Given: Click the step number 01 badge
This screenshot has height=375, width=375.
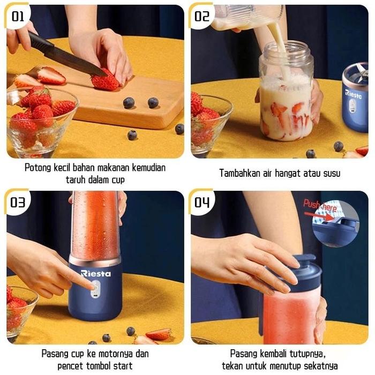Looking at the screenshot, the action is (x=18, y=16).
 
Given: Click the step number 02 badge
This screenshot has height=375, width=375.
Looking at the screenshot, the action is (x=201, y=16).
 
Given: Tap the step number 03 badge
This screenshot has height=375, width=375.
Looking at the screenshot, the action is (x=18, y=202).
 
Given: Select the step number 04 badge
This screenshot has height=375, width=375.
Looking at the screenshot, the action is (x=201, y=202).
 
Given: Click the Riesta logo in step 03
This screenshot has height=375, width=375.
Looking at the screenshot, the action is (x=96, y=273).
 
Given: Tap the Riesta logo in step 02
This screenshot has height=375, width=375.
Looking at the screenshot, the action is (x=353, y=94).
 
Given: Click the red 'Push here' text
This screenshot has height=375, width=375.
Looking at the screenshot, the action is (x=320, y=205).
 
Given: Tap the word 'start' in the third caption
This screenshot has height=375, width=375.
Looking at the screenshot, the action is (x=123, y=366).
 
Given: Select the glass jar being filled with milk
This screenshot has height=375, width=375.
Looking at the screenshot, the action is (x=286, y=91).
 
